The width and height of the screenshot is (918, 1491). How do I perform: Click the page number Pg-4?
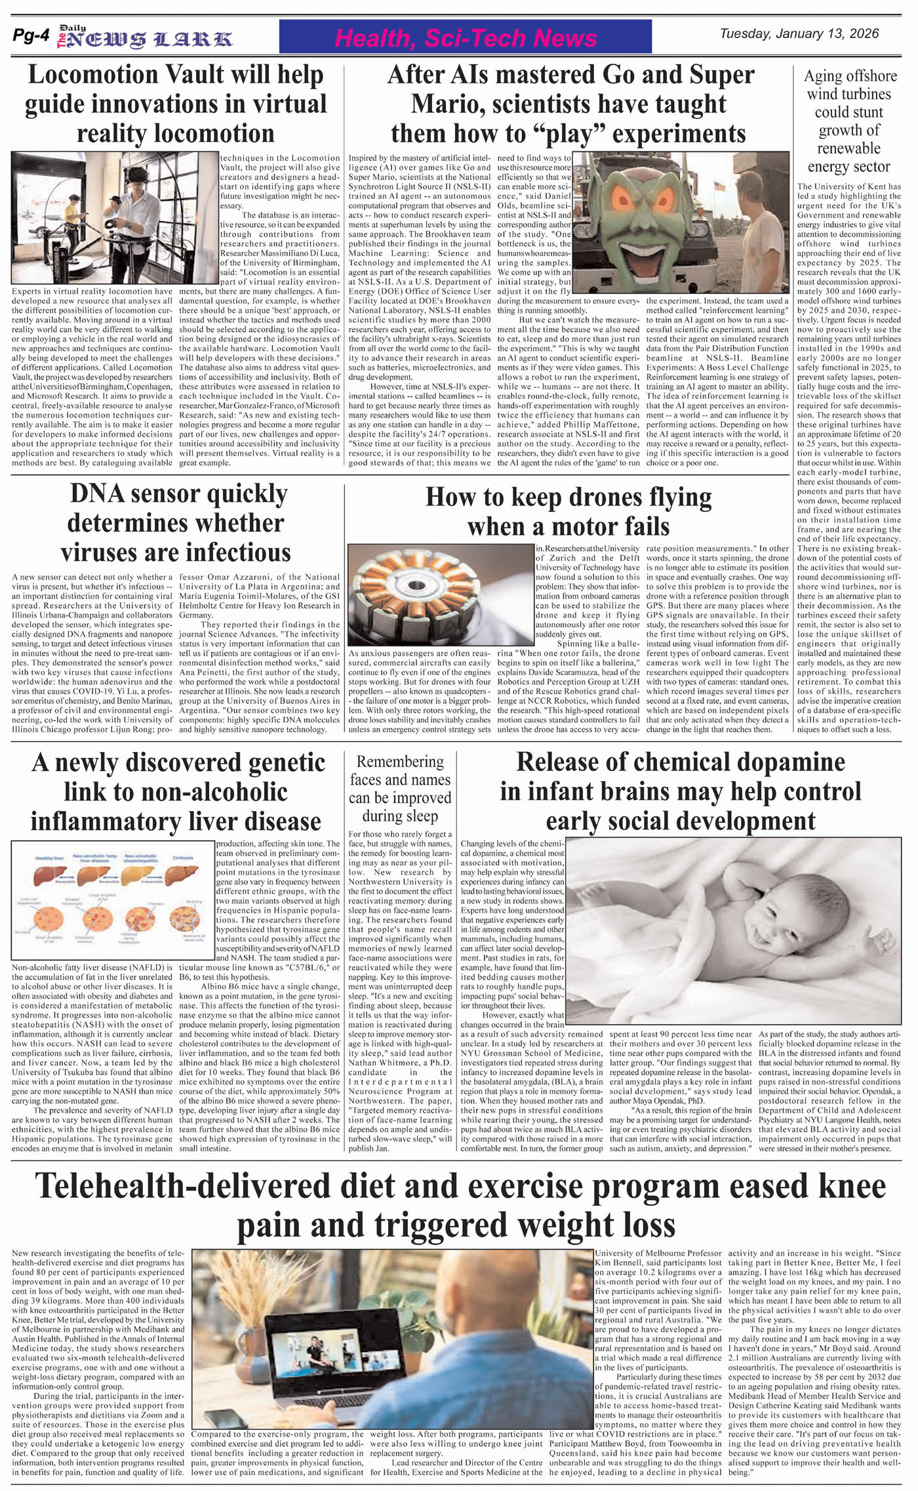30,37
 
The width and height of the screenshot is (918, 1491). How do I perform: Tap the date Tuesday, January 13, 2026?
799,34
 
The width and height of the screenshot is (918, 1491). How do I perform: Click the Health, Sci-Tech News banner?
465,37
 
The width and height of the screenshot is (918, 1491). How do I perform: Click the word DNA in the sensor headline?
96,494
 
